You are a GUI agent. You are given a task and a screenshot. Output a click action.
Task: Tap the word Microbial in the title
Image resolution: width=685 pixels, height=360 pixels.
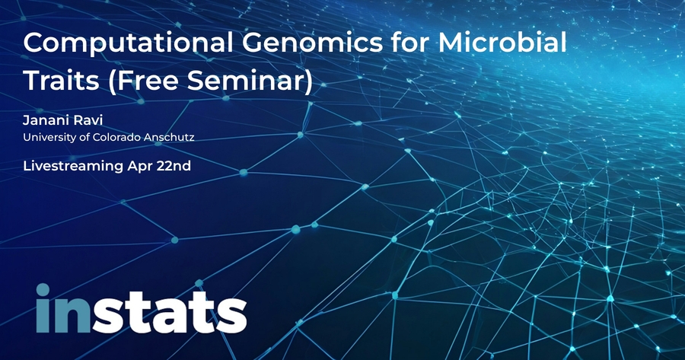click(502, 42)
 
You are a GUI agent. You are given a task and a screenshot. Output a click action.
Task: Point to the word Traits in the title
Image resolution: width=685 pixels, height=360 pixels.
click(62, 81)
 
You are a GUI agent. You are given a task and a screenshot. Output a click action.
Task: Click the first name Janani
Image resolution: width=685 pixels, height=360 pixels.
click(46, 120)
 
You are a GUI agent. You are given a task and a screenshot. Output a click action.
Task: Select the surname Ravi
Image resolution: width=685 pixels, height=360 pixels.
click(89, 120)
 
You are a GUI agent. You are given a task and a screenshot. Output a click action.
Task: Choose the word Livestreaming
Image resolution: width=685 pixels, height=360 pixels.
click(73, 167)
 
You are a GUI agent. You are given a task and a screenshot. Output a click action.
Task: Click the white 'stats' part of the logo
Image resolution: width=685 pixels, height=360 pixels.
click(169, 311)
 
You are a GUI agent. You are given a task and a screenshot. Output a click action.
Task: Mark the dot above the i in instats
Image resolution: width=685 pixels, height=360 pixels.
click(43, 289)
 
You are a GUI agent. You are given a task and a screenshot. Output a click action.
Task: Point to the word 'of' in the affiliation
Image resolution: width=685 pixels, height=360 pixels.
click(84, 137)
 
